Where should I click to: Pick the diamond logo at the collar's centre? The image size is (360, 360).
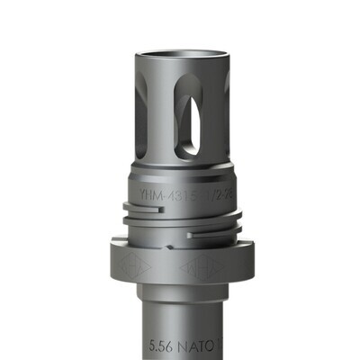tap(197, 268)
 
